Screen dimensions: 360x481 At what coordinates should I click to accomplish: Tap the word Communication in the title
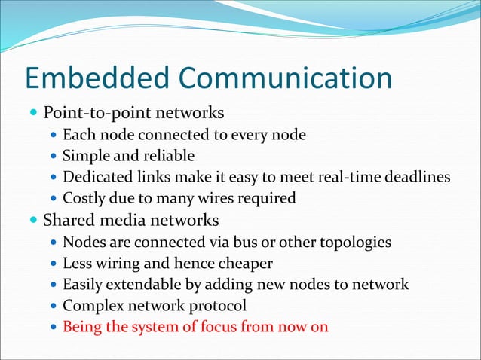[x=285, y=78]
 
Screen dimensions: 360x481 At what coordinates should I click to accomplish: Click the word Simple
[x=84, y=156]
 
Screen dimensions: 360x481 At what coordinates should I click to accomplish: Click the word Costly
[x=84, y=199]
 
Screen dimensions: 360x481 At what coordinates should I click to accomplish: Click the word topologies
[x=357, y=243]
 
